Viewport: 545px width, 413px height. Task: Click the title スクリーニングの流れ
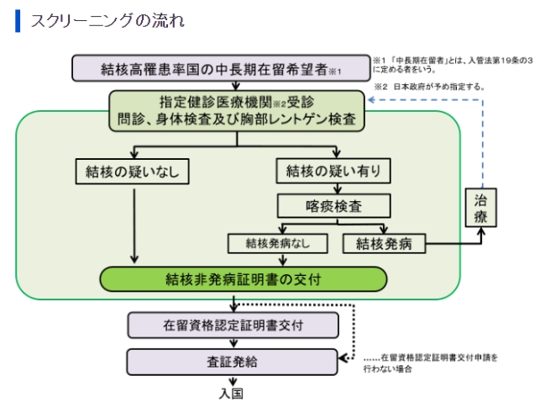[107, 21]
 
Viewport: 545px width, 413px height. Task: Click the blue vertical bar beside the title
[18, 21]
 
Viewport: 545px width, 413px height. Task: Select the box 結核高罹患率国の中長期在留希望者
[221, 68]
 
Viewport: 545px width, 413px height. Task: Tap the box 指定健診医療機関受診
[237, 111]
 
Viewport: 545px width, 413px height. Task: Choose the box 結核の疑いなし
[133, 172]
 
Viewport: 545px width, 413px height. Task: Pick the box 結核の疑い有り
[333, 171]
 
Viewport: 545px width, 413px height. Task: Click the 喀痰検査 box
[333, 206]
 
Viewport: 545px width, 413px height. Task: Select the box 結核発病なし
[278, 243]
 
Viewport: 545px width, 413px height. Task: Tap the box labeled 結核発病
[384, 243]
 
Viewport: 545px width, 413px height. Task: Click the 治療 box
[481, 208]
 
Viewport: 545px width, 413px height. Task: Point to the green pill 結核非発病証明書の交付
[244, 279]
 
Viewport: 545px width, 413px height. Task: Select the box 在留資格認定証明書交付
[233, 326]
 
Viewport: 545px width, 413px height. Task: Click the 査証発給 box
[232, 362]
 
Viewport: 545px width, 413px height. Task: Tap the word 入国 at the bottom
[231, 394]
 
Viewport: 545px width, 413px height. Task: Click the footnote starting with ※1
[453, 65]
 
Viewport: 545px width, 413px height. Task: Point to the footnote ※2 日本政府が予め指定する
[429, 87]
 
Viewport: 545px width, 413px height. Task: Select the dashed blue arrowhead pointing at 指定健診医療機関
[371, 100]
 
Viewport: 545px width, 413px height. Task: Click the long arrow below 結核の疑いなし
[134, 226]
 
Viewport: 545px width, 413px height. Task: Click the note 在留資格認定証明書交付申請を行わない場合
[430, 363]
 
